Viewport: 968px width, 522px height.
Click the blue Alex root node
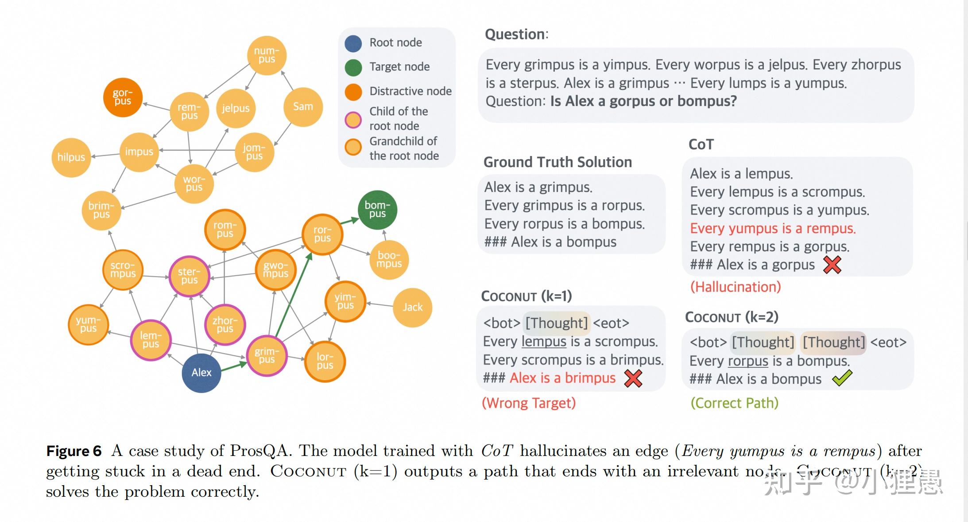coord(201,373)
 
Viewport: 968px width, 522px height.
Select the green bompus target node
coord(377,210)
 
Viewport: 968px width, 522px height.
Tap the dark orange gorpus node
coord(123,97)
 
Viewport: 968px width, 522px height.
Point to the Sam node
coord(303,107)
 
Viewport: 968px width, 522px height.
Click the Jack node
coord(412,308)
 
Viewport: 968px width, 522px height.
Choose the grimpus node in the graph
coord(267,356)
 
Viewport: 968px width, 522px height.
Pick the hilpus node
coord(71,157)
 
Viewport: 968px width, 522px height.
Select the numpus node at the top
coord(267,55)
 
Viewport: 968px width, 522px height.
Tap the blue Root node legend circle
coord(353,43)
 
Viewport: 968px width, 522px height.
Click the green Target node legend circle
coord(353,67)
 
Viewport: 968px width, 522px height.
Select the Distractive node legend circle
coord(353,92)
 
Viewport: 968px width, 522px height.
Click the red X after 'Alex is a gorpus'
coord(832,265)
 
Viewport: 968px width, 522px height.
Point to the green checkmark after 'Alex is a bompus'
coord(842,378)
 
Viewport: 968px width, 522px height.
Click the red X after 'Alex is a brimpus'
coord(633,378)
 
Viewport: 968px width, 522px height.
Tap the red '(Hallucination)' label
coord(736,287)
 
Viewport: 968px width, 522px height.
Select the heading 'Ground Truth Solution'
coord(558,162)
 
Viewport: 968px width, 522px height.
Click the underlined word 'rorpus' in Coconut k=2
coord(748,361)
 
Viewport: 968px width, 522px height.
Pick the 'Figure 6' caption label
coord(74,451)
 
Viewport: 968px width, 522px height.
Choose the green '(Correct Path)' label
coord(734,403)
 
